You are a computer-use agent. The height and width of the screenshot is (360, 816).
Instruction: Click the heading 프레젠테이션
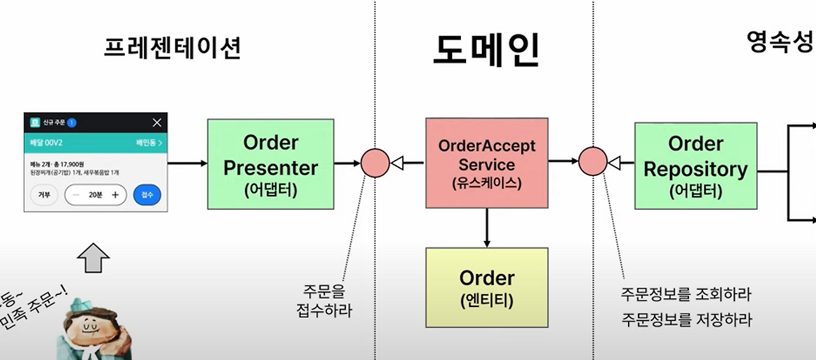click(x=172, y=48)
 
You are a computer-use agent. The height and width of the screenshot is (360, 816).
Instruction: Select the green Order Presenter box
click(x=270, y=164)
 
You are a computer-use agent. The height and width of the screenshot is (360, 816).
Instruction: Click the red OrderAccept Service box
click(x=486, y=162)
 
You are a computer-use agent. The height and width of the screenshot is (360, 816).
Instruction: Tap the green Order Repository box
click(x=695, y=166)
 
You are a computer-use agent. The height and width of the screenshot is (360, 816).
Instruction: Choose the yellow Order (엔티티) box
click(x=486, y=287)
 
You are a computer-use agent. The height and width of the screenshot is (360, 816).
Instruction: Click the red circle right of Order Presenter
click(x=375, y=163)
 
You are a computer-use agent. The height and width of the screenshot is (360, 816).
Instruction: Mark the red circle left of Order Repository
click(x=593, y=162)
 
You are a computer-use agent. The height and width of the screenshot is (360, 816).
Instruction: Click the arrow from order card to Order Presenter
click(x=187, y=163)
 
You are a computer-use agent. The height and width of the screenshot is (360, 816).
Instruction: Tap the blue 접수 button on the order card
click(x=147, y=195)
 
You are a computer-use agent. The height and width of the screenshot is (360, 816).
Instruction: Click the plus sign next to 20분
click(x=115, y=195)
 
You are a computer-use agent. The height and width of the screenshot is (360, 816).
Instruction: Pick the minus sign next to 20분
click(x=76, y=195)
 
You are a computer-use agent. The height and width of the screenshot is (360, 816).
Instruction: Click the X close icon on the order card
click(x=157, y=122)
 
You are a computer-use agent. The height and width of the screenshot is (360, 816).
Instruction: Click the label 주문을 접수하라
click(x=324, y=301)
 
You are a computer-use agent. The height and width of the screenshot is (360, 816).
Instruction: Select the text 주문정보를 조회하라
click(x=686, y=295)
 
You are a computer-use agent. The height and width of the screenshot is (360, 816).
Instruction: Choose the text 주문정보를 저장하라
click(x=686, y=320)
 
